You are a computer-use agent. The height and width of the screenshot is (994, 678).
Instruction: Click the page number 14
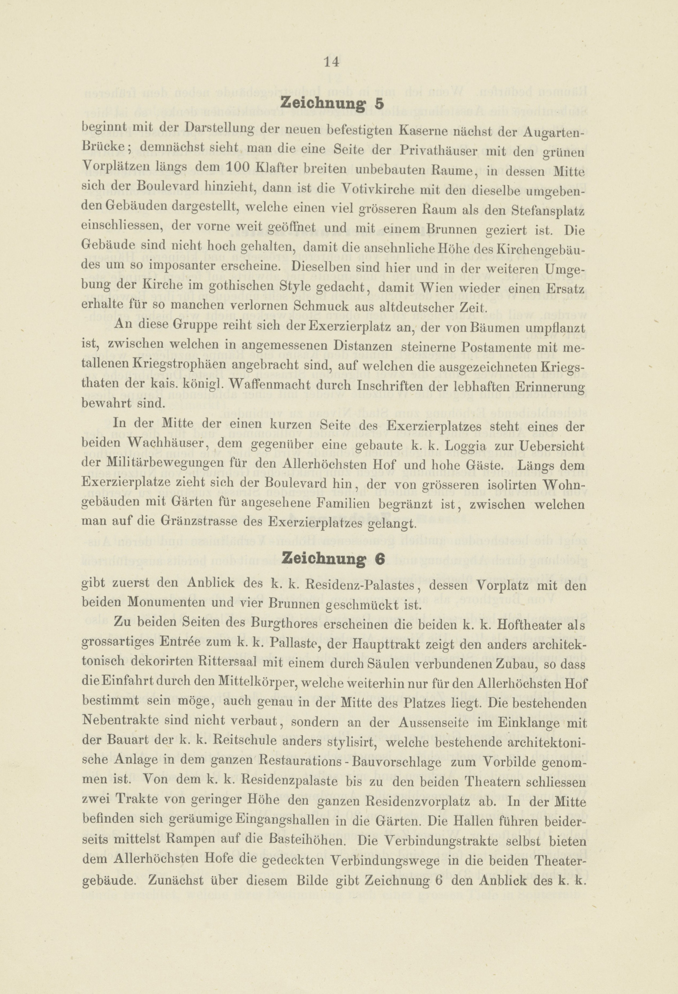point(331,62)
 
